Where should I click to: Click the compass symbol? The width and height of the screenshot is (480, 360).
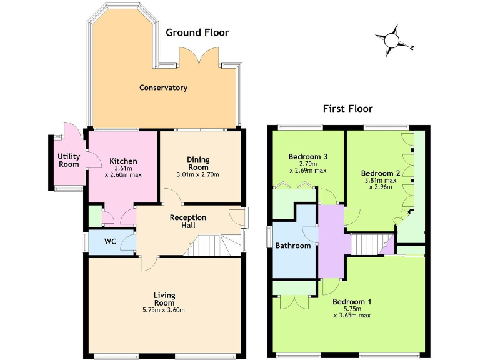(392, 40)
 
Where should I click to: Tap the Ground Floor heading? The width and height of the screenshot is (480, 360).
(197, 32)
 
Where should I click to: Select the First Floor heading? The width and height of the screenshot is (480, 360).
(347, 109)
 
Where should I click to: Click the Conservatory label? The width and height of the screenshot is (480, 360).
(163, 87)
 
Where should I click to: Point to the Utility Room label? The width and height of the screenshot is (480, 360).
(69, 160)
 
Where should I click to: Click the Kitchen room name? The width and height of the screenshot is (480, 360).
(123, 161)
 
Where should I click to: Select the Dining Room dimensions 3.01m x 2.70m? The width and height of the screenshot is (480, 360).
(198, 174)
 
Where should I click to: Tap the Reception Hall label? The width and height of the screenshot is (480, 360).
(188, 221)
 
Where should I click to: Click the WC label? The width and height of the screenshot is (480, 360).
(110, 241)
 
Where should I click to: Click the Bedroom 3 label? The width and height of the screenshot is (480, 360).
(308, 156)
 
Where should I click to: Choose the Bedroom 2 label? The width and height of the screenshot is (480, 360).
(381, 173)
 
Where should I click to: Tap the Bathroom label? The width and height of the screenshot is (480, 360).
(293, 246)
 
